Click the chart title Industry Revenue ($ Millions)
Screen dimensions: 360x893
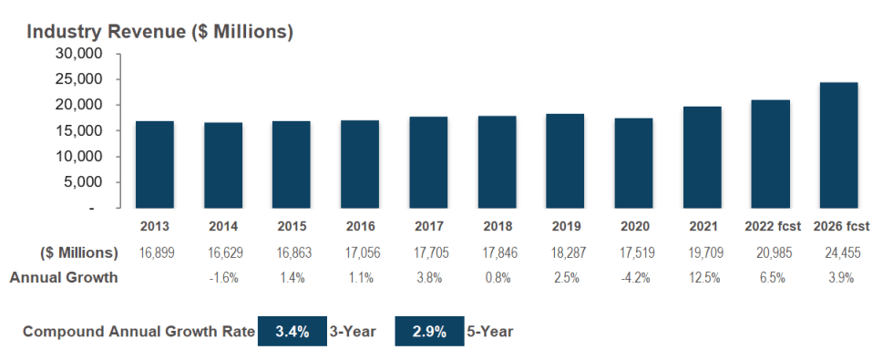(159, 31)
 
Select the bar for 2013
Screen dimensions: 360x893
(155, 165)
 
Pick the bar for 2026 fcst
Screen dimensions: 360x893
(838, 146)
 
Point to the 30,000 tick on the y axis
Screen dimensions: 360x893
(80, 54)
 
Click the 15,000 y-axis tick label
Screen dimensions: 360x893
(80, 130)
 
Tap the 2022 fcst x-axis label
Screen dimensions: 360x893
(770, 226)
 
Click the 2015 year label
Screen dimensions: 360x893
(292, 226)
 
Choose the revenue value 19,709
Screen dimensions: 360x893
(702, 252)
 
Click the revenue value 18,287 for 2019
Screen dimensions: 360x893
(565, 252)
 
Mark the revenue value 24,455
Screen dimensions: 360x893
(838, 252)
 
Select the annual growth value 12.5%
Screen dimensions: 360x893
(702, 278)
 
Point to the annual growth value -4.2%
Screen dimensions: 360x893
(633, 278)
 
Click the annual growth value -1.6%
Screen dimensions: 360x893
(223, 278)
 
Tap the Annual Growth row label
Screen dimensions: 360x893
(64, 278)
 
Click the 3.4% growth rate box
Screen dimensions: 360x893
(292, 332)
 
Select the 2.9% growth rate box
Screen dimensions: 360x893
(428, 332)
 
